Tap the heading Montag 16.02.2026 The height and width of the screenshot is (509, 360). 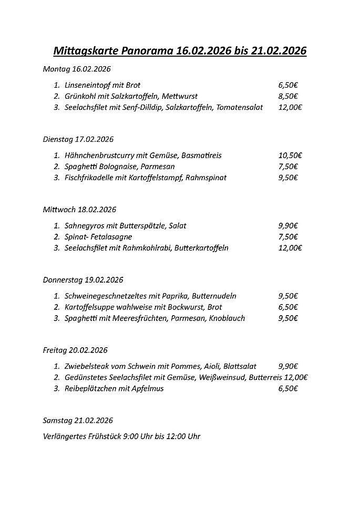pos(77,69)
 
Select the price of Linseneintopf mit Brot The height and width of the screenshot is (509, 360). pos(288,85)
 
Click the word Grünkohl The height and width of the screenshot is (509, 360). pos(80,96)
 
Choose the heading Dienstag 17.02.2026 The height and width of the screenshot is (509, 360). pos(78,139)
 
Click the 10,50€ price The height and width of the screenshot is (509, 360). pos(290,155)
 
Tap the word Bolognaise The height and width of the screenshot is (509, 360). pos(118,167)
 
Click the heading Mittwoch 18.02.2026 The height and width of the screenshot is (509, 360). pos(79,209)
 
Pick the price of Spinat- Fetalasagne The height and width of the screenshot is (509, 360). pos(288,236)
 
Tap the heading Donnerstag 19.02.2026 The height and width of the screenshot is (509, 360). pos(83,280)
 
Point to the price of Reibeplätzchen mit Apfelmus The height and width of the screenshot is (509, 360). pos(288,389)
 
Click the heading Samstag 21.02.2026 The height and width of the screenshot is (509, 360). pos(78,420)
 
